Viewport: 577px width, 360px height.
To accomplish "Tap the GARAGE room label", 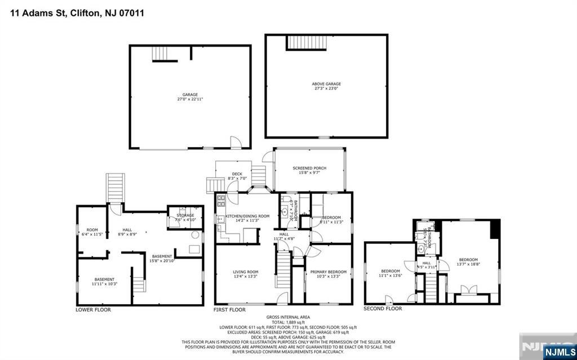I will click(189, 95).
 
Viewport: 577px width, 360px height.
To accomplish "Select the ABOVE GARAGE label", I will click(326, 84).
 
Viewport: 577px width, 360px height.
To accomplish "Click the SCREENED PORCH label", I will click(309, 168).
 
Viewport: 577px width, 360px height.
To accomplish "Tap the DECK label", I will click(237, 174).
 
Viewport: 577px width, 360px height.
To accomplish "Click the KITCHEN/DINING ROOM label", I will click(247, 216).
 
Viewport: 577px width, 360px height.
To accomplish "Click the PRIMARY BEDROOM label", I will click(328, 272).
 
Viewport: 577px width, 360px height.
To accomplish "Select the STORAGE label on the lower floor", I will click(185, 215).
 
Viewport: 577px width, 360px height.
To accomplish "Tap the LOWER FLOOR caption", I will click(93, 310).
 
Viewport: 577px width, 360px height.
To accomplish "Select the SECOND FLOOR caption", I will click(383, 309).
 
